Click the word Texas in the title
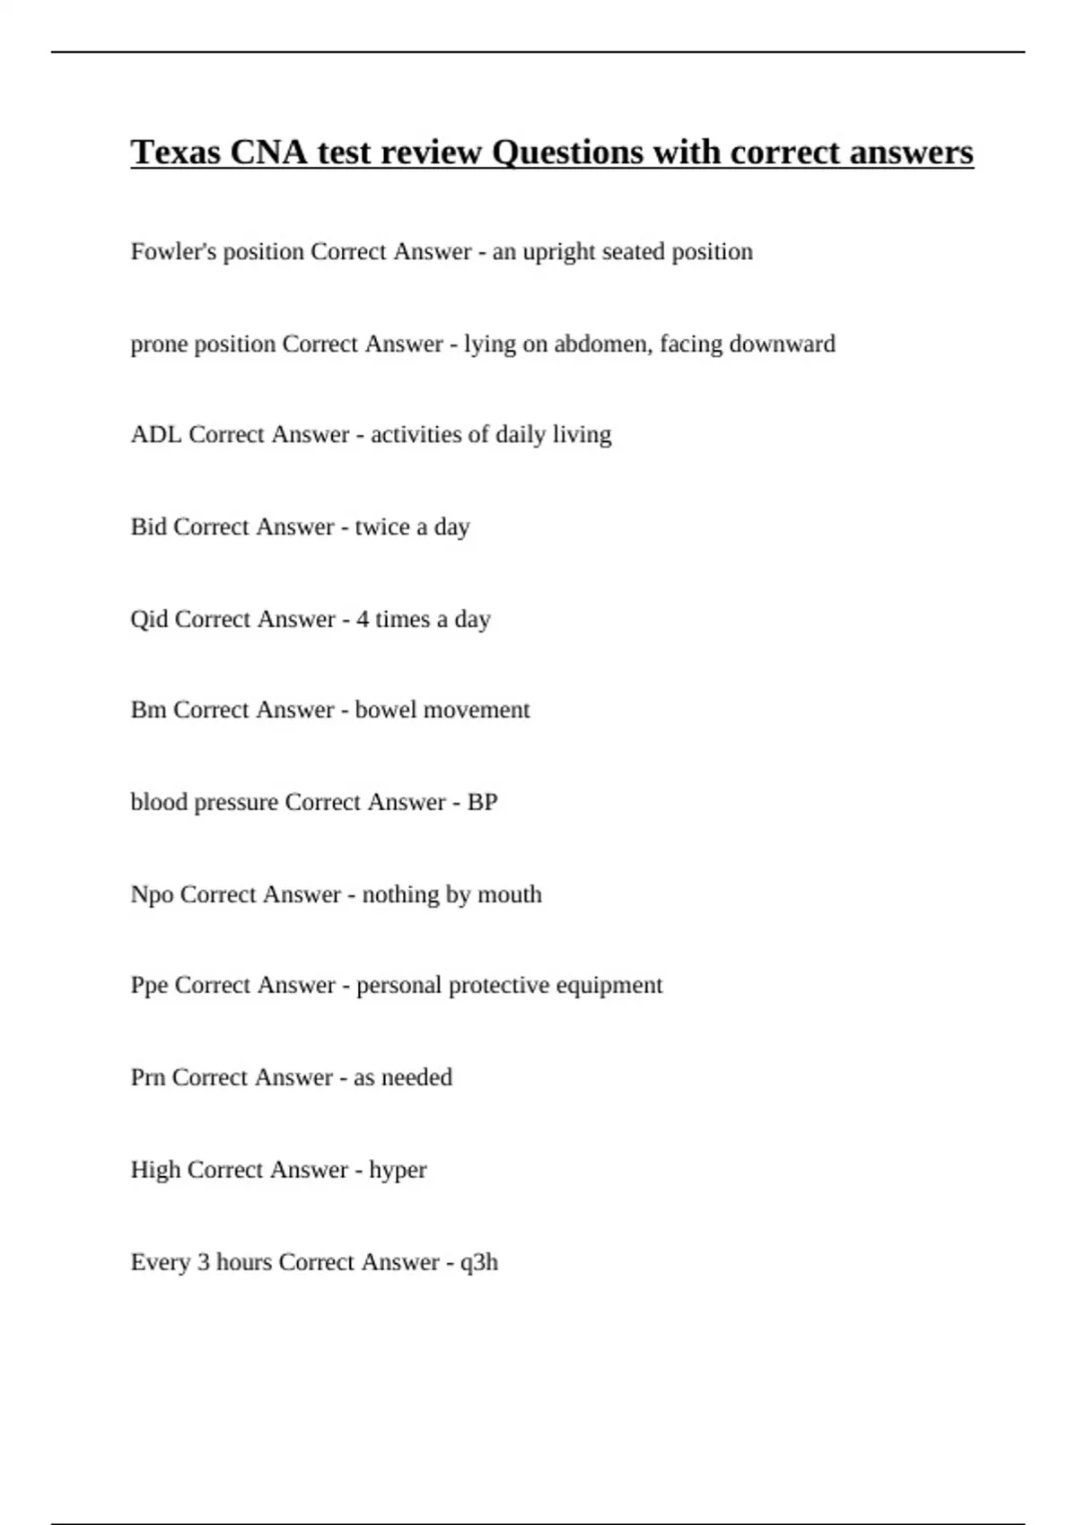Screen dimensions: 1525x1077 tap(176, 152)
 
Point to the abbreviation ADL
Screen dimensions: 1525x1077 tap(156, 435)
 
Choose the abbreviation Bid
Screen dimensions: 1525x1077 tap(148, 527)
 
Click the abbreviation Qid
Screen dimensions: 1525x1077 tap(149, 620)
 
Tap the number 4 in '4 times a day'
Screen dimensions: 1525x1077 tap(363, 620)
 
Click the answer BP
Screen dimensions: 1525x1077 tap(482, 803)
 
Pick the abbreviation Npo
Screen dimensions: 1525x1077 tap(152, 895)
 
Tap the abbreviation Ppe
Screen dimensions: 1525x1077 tap(149, 986)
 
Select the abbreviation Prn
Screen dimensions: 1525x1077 tap(147, 1077)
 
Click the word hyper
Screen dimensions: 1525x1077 tap(398, 1172)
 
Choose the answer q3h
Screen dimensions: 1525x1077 tap(478, 1263)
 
